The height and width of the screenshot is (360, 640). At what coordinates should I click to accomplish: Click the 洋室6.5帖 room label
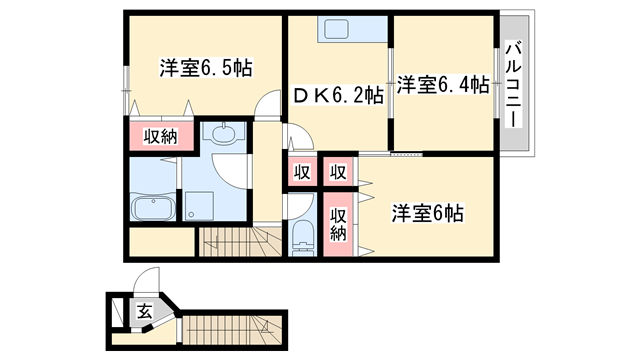pyautogui.click(x=206, y=68)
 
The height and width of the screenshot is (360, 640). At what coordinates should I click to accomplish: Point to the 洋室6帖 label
pyautogui.click(x=426, y=213)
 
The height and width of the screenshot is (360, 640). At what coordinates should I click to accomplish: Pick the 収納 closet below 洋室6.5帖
pyautogui.click(x=159, y=136)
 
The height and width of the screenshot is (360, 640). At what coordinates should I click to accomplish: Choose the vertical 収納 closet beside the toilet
pyautogui.click(x=339, y=223)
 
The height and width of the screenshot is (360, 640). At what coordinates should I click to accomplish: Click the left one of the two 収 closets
pyautogui.click(x=301, y=171)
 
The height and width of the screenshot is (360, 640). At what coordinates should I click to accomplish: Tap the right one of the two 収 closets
pyautogui.click(x=338, y=171)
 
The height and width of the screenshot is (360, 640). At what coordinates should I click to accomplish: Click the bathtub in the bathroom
pyautogui.click(x=154, y=208)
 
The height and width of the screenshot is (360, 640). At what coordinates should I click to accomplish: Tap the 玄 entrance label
pyautogui.click(x=144, y=312)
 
